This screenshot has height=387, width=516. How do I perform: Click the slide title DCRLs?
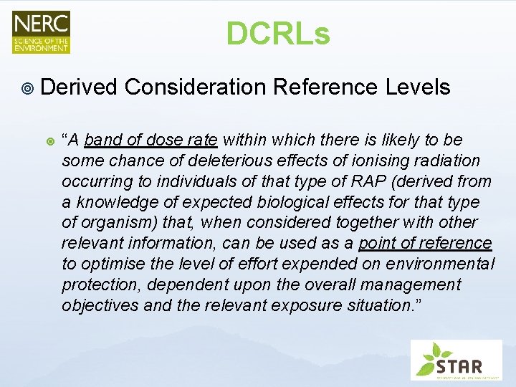(x=278, y=33)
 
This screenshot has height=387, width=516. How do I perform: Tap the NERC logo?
(x=41, y=32)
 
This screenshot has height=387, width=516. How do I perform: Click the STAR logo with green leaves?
(x=456, y=360)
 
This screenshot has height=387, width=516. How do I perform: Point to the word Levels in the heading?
(x=418, y=87)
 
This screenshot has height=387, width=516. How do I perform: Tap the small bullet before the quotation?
(x=49, y=140)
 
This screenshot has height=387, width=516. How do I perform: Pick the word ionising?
(x=365, y=161)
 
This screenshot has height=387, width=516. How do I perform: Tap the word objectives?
(x=96, y=306)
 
